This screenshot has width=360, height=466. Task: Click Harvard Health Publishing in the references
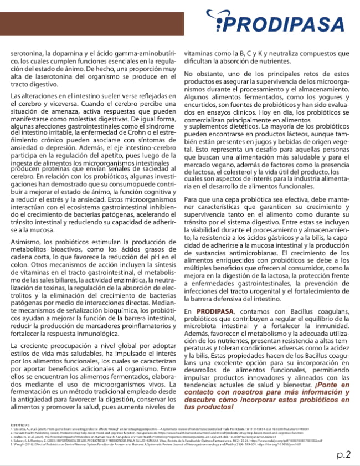[30, 432]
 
